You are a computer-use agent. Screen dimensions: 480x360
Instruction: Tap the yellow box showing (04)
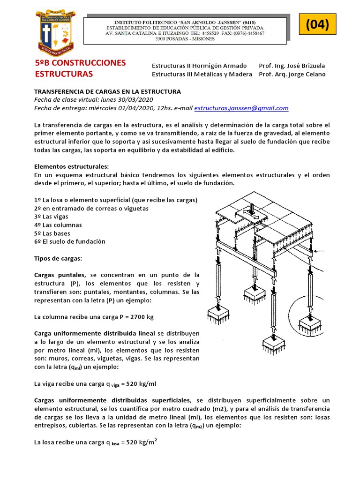[318, 24]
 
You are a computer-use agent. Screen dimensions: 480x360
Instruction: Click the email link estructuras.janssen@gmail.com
[241, 108]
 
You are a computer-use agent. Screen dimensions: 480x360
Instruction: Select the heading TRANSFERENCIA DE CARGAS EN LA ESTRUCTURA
[107, 91]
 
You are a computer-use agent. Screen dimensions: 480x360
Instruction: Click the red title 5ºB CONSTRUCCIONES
[81, 63]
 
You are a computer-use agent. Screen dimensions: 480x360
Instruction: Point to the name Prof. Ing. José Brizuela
[292, 66]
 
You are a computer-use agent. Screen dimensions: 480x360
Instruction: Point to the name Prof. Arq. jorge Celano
[292, 74]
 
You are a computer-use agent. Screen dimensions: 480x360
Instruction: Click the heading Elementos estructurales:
[71, 166]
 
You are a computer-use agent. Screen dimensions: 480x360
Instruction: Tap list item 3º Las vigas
[51, 217]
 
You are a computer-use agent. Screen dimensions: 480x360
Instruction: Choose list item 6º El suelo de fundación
[70, 241]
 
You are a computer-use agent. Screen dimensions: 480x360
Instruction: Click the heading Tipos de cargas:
[58, 258]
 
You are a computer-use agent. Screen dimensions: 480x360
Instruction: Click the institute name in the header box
[185, 22]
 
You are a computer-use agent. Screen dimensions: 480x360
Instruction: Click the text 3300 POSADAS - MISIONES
[185, 39]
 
